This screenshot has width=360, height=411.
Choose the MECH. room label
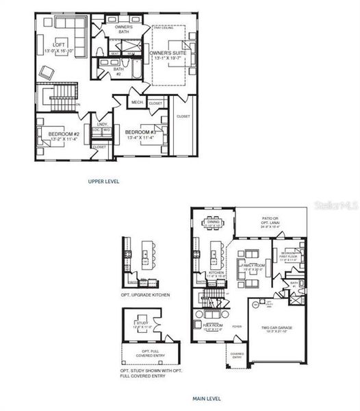[137, 103]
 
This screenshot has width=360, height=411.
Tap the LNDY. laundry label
[102, 124]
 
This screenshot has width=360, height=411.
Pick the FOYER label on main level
[237, 327]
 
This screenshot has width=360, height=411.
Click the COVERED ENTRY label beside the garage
[236, 356]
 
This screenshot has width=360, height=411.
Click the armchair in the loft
[48, 71]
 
